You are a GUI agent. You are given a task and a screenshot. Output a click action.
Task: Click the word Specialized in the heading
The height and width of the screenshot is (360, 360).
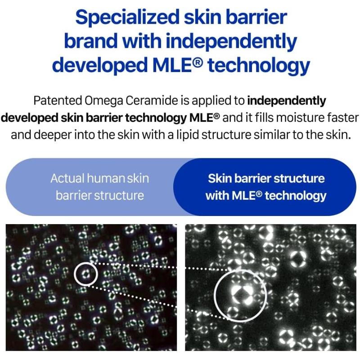tap(127, 18)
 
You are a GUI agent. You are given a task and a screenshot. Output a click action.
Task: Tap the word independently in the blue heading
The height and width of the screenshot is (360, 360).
tap(231, 41)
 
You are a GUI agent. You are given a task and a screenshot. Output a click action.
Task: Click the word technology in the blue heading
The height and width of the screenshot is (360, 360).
tap(259, 66)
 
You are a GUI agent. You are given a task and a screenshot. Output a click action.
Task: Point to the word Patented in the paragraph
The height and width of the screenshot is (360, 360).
tap(58, 100)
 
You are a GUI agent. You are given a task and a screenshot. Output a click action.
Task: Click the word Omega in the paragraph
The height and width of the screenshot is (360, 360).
tap(104, 101)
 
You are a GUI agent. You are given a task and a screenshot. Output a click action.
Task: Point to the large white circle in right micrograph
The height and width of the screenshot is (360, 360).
tap(214, 295)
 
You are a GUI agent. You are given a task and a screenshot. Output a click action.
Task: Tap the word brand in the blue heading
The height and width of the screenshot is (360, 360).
tap(91, 41)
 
